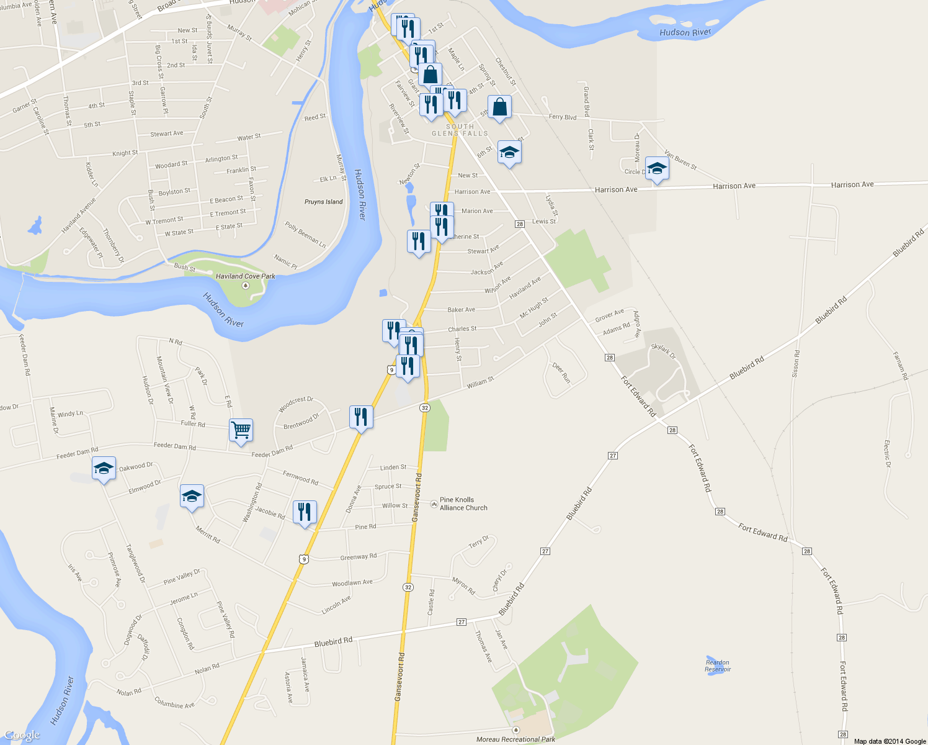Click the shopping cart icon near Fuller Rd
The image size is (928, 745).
pyautogui.click(x=241, y=430)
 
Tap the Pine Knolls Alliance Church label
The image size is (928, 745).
pyautogui.click(x=463, y=503)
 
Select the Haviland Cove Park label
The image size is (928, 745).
pyautogui.click(x=245, y=276)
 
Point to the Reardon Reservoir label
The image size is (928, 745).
pyautogui.click(x=718, y=666)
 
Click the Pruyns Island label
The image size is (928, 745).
pyautogui.click(x=323, y=202)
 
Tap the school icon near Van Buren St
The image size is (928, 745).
pyautogui.click(x=657, y=168)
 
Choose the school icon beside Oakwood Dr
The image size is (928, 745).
pyautogui.click(x=104, y=468)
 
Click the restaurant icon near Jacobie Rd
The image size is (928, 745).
pyautogui.click(x=304, y=512)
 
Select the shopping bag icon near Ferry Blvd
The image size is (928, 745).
pyautogui.click(x=499, y=107)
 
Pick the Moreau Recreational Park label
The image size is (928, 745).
pyautogui.click(x=515, y=739)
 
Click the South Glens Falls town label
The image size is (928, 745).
pyautogui.click(x=460, y=130)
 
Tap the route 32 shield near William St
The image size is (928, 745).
pyautogui.click(x=424, y=407)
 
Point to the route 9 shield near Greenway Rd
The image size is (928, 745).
pyautogui.click(x=303, y=559)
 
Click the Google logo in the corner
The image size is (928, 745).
pyautogui.click(x=22, y=735)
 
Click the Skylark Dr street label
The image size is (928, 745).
pyautogui.click(x=663, y=351)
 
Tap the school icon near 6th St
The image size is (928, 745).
pyautogui.click(x=509, y=152)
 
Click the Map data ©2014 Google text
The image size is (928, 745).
pyautogui.click(x=890, y=741)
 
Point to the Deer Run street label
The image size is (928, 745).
pyautogui.click(x=561, y=372)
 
